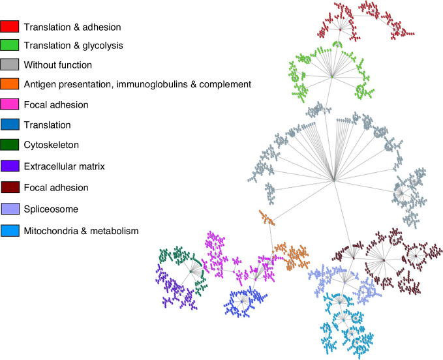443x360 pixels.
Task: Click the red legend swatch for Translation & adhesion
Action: (x=9, y=27)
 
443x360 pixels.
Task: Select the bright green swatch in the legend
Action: (x=9, y=46)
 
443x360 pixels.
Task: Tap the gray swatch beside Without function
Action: (x=9, y=65)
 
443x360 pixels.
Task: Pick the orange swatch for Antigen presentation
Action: (x=9, y=84)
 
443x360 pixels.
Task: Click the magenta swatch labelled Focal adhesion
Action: (x=9, y=104)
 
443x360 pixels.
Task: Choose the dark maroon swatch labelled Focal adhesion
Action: (x=9, y=187)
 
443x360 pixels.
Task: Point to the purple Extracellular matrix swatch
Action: (x=9, y=167)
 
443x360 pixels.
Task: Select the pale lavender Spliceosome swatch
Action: (x=9, y=209)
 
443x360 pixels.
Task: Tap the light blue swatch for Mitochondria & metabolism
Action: (x=9, y=230)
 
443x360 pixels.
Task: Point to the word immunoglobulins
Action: (x=168, y=84)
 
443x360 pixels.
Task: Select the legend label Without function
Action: (x=58, y=65)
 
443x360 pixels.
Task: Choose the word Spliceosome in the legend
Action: (x=50, y=209)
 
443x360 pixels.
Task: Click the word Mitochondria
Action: (x=50, y=230)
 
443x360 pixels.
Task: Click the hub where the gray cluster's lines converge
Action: (x=333, y=179)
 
